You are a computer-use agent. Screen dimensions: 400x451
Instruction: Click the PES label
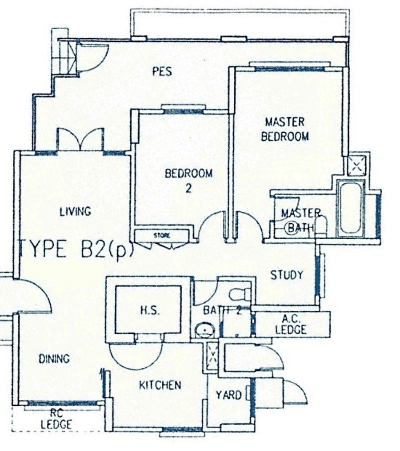162,71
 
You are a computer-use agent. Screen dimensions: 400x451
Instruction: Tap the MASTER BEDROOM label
285,129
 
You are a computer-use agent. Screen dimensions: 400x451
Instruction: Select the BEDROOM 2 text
188,181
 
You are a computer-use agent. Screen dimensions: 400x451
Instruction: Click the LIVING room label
76,212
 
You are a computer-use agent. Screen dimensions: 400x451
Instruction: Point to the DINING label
54,359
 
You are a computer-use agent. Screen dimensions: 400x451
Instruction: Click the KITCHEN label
160,385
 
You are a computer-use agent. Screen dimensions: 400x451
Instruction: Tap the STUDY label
287,275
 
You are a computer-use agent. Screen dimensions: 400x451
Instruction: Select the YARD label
228,395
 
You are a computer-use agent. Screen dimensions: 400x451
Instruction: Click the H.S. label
150,310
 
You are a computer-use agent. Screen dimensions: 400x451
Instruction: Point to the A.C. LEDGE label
291,324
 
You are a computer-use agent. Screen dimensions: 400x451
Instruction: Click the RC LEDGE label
56,419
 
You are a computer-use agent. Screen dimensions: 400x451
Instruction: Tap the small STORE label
162,236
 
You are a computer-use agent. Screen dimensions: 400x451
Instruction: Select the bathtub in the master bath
350,209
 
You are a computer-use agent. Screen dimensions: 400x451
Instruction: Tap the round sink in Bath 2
205,330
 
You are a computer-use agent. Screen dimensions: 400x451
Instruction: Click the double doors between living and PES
80,139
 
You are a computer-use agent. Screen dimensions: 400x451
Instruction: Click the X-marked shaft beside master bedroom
357,166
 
